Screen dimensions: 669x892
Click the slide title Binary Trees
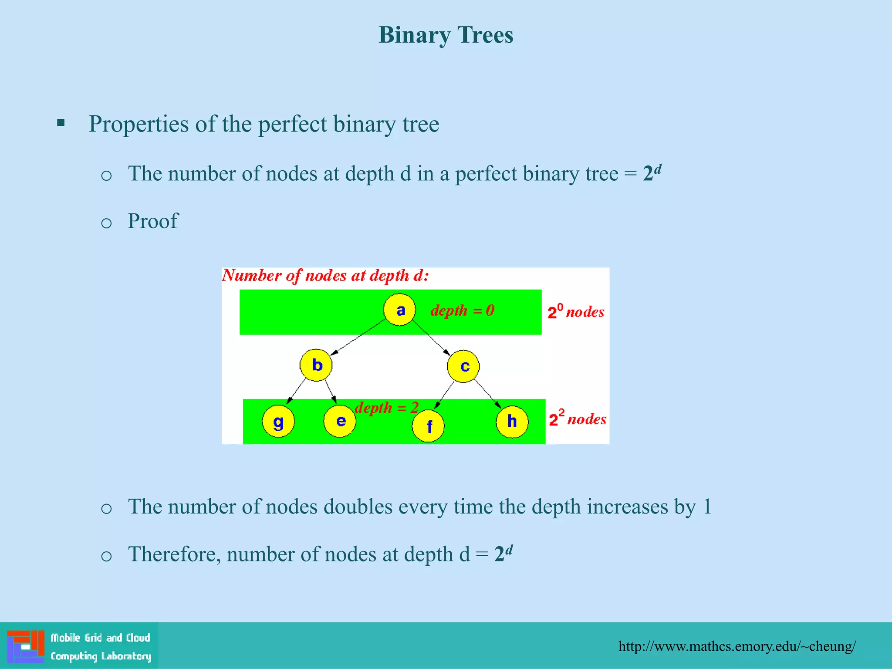pos(446,35)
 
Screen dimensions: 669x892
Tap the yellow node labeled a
pos(399,310)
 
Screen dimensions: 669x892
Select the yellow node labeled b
pos(316,365)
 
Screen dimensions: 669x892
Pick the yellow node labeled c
pos(463,366)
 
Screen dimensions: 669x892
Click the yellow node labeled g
pos(278,421)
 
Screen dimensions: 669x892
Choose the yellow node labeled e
pos(340,421)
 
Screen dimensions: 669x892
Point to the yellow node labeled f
pos(429,426)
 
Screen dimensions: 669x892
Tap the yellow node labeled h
pos(512,421)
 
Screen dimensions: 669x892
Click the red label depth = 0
pos(462,311)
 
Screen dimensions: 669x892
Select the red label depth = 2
pos(386,408)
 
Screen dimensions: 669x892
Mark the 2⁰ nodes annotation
pos(575,312)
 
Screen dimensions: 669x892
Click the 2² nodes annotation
pos(577,419)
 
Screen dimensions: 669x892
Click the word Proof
pos(153,221)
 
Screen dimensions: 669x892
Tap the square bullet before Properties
pos(61,123)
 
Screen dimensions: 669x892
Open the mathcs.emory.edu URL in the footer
pos(737,646)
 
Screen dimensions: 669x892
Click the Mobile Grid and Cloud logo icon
pos(26,646)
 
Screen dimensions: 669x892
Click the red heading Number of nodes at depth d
pos(325,275)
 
